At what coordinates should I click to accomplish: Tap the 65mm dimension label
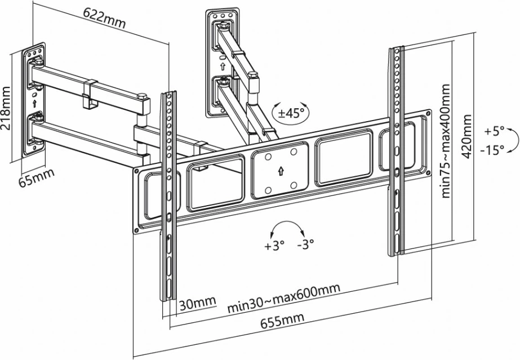[x=37, y=179]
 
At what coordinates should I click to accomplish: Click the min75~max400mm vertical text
[x=446, y=141]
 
